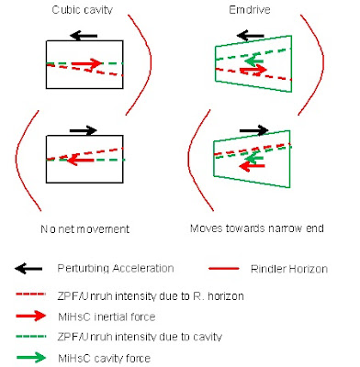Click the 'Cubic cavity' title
tap(83, 10)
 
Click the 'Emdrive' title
tap(250, 10)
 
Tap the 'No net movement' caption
tap(85, 228)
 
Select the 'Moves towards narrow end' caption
tap(257, 228)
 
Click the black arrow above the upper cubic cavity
tap(84, 36)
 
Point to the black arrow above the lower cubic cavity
tap(84, 130)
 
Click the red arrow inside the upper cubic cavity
tap(86, 63)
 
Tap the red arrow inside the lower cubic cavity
tap(81, 160)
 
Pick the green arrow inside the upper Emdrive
tap(254, 61)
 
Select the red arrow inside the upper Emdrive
tap(253, 71)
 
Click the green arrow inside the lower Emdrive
tap(254, 158)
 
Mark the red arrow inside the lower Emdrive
tap(252, 166)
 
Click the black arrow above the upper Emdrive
tap(251, 36)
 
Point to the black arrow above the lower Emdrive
tap(253, 130)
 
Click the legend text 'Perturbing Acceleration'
tap(116, 268)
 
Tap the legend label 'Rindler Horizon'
tap(289, 269)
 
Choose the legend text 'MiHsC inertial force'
tap(107, 317)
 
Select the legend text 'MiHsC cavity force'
tap(104, 358)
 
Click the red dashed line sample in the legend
tap(30, 295)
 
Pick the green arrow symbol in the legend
tap(31, 357)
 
